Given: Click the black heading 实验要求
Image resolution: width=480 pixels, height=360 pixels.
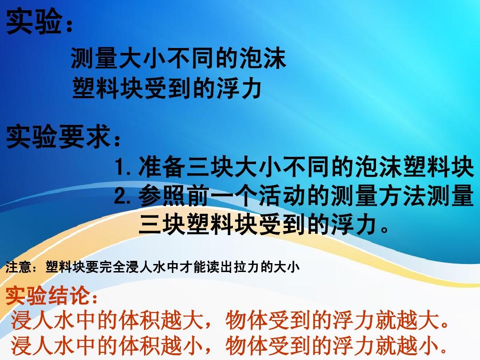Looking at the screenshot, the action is coord(58,136).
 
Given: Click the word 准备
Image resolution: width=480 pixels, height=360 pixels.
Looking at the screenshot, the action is coord(162,167).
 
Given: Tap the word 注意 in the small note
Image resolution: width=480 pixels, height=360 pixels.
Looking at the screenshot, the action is coord(19,267).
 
